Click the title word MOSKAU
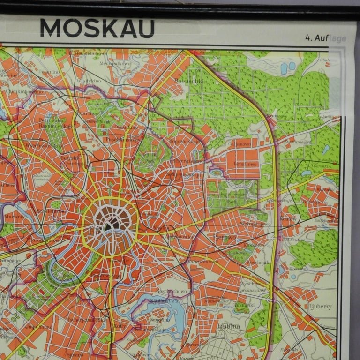tap(97, 28)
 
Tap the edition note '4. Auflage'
tap(325, 38)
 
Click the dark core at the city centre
tap(111, 225)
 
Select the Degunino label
tap(49, 72)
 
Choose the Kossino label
tap(298, 269)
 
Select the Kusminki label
tap(243, 304)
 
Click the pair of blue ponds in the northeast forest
tap(287, 68)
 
